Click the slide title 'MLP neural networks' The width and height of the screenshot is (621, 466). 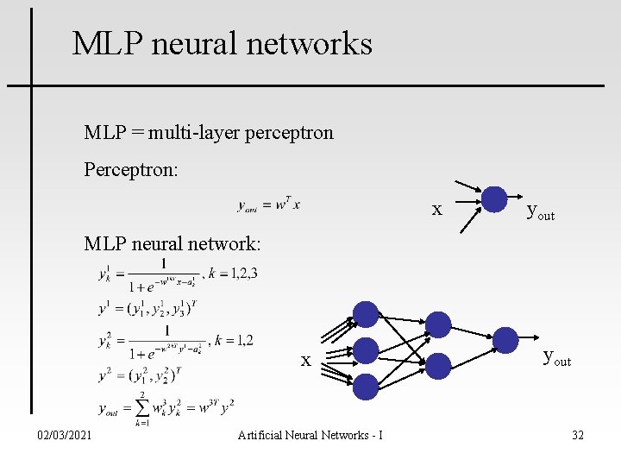223,43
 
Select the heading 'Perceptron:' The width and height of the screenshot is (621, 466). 131,169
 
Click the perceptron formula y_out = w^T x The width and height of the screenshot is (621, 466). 269,205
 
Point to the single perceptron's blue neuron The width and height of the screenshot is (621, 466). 494,199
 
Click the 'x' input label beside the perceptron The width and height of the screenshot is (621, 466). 437,209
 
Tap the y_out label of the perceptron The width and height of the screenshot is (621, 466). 540,211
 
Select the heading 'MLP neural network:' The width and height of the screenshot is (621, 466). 172,243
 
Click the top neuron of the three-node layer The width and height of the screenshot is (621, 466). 367,314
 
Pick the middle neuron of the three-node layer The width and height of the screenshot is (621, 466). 367,350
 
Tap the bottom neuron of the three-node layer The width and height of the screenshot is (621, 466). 367,386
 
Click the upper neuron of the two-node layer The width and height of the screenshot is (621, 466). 439,324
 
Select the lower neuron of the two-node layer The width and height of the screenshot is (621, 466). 439,366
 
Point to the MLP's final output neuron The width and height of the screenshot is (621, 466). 505,341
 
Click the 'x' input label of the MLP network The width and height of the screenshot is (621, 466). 305,360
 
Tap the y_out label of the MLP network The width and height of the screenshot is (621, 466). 556,356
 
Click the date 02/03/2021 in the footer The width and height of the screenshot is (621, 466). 66,435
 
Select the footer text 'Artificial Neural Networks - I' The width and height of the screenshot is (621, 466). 310,435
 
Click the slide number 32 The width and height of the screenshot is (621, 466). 577,435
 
